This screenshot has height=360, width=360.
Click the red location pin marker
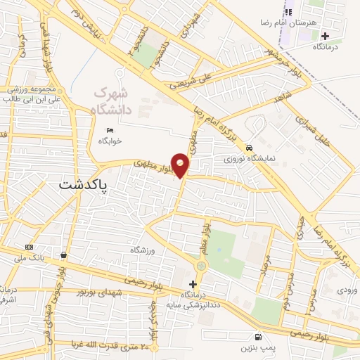181,166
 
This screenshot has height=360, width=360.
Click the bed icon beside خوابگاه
109,130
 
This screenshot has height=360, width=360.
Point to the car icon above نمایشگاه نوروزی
250,147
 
